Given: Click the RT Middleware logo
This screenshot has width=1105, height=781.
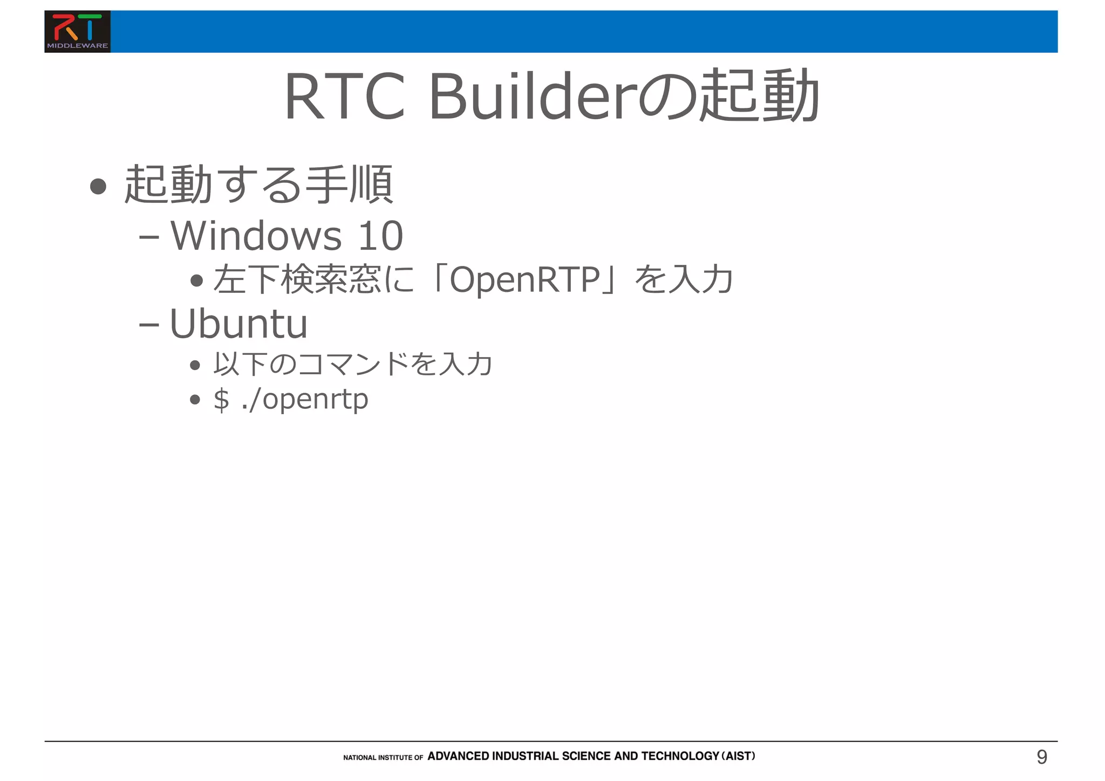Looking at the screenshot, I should (77, 31).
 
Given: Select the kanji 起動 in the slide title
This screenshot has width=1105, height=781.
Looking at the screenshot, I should (758, 96).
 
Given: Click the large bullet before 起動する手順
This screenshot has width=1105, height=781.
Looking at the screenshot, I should (98, 186).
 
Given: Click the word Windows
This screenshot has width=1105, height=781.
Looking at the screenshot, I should (256, 236).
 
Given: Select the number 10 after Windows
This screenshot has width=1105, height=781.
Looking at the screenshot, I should (380, 236).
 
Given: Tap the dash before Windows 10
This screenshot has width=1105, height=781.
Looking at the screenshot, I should (148, 237).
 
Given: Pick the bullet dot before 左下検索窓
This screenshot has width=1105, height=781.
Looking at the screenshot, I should (196, 280).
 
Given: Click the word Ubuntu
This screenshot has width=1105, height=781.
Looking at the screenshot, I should (238, 324).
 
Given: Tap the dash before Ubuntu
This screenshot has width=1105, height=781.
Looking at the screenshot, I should (148, 325).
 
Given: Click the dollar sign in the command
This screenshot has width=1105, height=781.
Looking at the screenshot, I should (221, 399).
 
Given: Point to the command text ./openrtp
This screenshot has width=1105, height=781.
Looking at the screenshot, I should (305, 400).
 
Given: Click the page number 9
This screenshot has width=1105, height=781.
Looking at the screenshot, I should (1042, 757).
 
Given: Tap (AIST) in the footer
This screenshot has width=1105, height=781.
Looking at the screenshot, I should (738, 756).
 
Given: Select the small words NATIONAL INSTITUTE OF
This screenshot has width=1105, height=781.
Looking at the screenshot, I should (383, 758).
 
